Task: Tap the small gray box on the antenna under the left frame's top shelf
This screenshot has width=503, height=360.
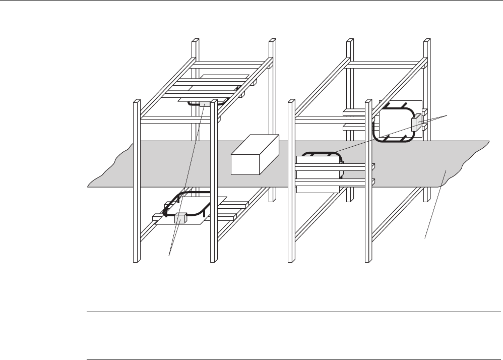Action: [205, 103]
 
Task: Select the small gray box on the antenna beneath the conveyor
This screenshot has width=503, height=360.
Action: [180, 218]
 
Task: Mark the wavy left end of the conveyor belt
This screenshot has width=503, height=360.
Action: [108, 166]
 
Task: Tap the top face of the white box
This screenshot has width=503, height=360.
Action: [257, 144]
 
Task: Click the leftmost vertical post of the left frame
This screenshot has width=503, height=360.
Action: [136, 182]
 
